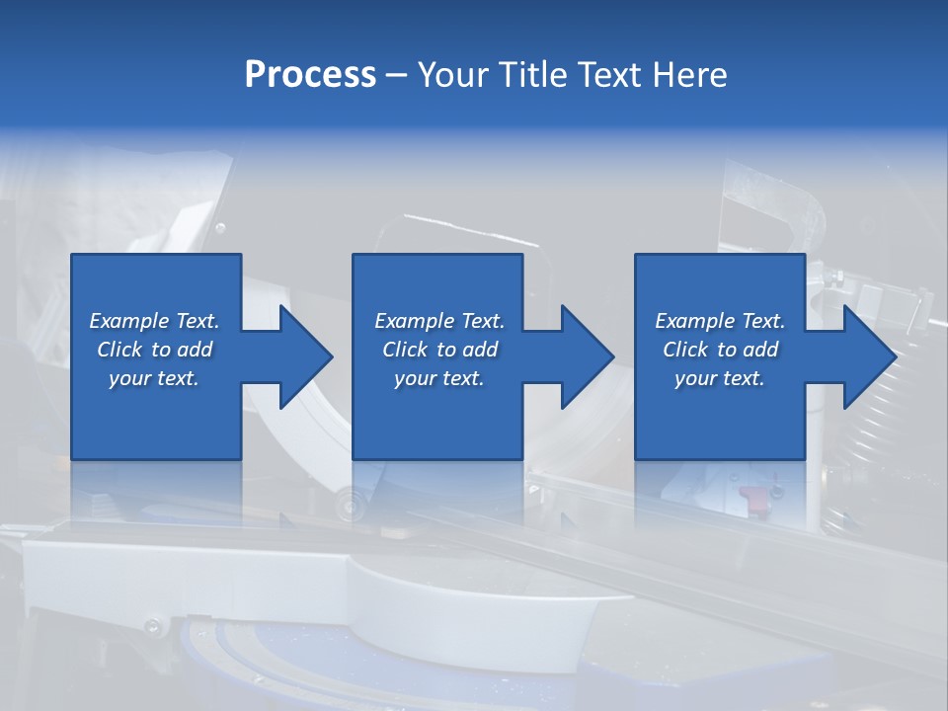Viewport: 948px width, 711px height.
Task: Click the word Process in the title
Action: coord(310,75)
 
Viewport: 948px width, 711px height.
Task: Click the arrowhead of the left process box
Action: coord(302,356)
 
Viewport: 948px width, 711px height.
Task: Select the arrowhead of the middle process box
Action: coord(584,356)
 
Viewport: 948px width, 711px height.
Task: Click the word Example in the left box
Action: coord(129,321)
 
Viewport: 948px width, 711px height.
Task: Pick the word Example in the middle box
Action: coord(414,321)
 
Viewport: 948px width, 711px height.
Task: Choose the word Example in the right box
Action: coord(694,321)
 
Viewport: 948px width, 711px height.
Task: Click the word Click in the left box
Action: coord(119,350)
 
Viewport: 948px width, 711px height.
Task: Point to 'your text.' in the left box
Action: coord(154,378)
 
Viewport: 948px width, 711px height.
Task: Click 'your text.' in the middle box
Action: coord(438,378)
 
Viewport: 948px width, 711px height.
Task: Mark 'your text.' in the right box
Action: coord(719,378)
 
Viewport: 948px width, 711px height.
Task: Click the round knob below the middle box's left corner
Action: coord(348,506)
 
